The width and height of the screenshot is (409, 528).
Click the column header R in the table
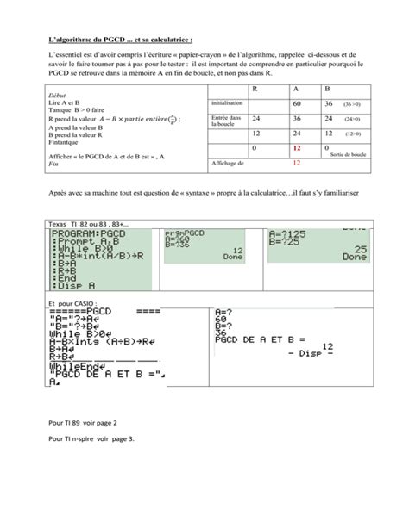[255, 89]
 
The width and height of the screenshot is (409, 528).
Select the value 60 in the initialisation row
[298, 103]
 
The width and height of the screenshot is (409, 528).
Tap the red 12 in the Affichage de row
[297, 162]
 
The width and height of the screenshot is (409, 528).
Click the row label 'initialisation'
[227, 103]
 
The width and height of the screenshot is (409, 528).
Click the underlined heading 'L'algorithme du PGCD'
[121, 39]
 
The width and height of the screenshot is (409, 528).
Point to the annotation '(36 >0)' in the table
[355, 103]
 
